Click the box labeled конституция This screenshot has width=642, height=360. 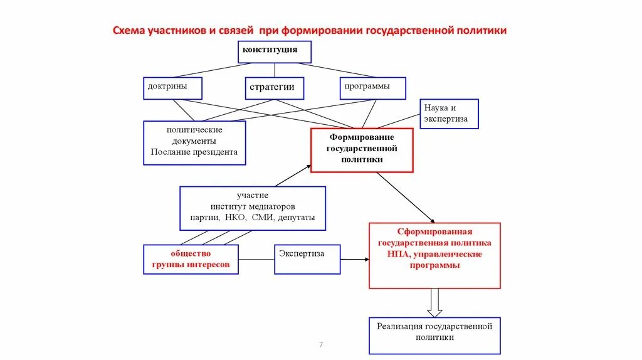coord(274,52)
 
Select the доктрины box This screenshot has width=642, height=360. coord(172,88)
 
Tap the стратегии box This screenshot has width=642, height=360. coord(274,88)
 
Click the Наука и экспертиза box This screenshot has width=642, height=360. coord(449,114)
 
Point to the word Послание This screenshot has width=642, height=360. coord(171,152)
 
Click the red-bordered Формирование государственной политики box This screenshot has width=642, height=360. coord(362,150)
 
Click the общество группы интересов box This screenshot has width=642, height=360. coord(191,259)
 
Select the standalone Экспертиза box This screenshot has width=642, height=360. coord(307,259)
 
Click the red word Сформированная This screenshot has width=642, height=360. coord(434,231)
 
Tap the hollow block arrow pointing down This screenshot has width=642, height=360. coord(434,302)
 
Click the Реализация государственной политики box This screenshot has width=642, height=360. coord(434,335)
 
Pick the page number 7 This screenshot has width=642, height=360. coord(321,344)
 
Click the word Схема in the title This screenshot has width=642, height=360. coord(128,30)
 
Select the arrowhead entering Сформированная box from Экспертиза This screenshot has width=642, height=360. coord(366,258)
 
